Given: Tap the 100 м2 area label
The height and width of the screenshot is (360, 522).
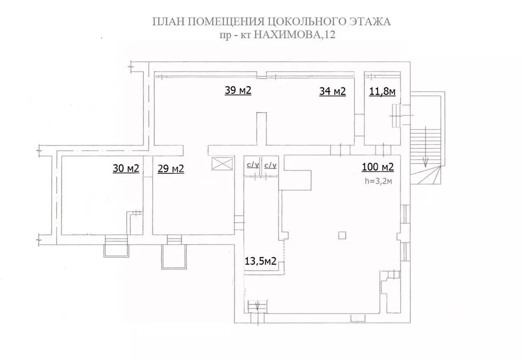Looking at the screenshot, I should click(x=378, y=167).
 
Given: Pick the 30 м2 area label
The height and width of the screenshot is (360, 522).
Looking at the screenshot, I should click(x=126, y=168).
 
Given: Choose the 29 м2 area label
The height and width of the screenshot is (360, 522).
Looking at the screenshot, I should click(x=171, y=168).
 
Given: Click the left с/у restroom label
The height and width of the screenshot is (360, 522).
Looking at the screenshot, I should click(x=253, y=165).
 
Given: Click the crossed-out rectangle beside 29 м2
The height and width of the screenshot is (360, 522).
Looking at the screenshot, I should click(x=221, y=165).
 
